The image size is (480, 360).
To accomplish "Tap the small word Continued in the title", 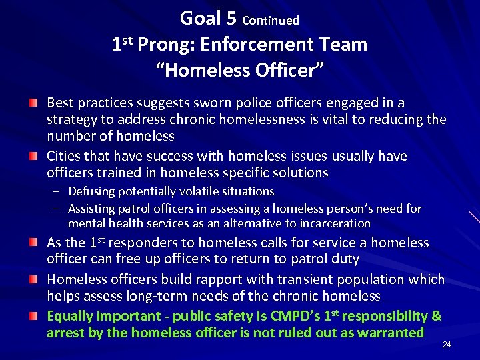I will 271,21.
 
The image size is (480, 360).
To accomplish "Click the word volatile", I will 189,191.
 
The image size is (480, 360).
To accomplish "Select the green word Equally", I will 71,316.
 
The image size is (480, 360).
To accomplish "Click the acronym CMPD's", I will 285,316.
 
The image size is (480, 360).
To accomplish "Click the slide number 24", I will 446,345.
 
